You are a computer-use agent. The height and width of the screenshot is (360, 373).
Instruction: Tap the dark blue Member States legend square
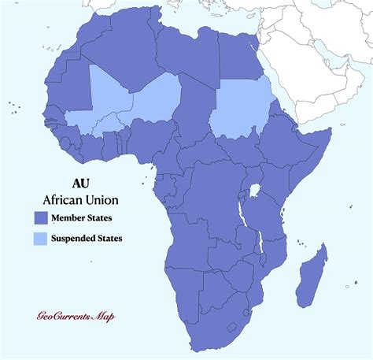click(41, 217)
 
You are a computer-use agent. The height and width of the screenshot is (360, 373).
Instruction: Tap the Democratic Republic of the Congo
click(212, 197)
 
